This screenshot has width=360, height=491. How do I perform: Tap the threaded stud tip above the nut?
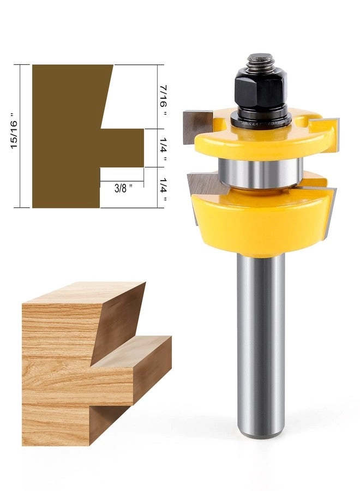[260, 62]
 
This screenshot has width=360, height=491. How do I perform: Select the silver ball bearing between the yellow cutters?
[260, 173]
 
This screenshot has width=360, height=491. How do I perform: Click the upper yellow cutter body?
[256, 143]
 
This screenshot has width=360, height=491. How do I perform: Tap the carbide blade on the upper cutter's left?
[193, 126]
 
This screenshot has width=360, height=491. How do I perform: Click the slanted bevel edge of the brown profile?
[107, 95]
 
